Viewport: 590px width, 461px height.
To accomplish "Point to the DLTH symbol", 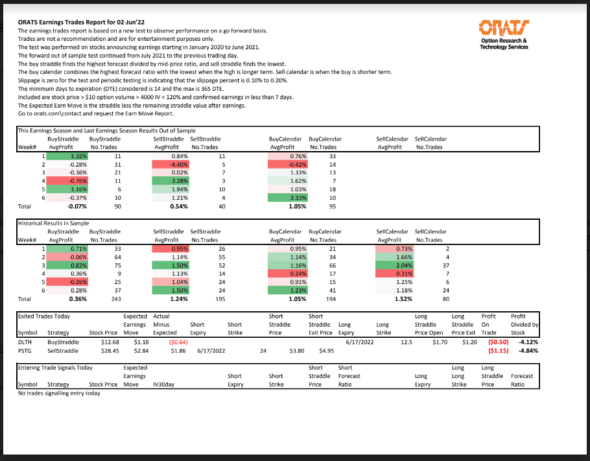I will (25, 342).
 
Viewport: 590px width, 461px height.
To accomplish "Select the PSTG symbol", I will (25, 350).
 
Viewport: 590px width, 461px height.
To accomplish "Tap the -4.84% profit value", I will (527, 350).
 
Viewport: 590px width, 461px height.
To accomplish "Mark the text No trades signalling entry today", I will (59, 393).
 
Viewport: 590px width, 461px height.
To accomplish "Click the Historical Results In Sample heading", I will (53, 223).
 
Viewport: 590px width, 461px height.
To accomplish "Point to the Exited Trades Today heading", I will (44, 316).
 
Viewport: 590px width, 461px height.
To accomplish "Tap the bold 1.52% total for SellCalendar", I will (403, 300).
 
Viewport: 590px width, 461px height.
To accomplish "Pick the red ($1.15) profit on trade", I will (498, 350).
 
